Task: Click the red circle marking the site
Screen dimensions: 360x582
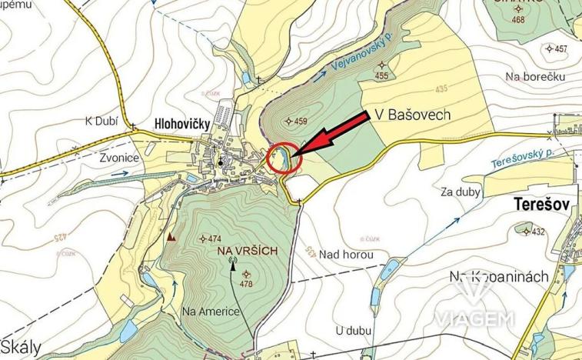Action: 283,158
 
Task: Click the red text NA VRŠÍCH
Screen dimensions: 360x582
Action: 246,252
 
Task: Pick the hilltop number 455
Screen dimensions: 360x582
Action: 381,75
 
